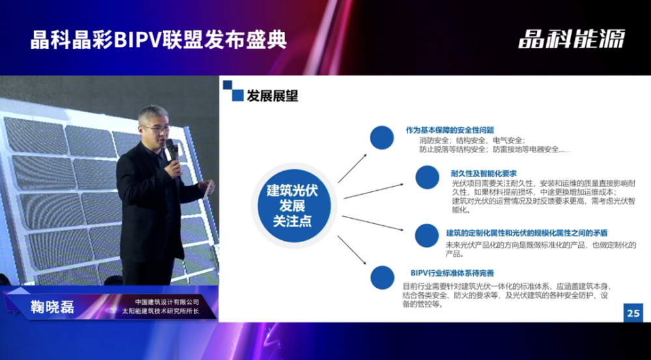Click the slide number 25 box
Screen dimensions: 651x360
[x=633, y=312]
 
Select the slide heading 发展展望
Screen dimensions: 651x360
[x=272, y=96]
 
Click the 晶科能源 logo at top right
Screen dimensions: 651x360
[x=572, y=39]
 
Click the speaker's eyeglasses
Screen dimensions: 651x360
[x=156, y=128]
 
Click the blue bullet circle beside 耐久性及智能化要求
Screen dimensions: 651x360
[x=427, y=177]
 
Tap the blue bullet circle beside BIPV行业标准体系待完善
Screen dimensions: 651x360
[x=382, y=277]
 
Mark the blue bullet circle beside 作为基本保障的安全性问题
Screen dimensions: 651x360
[x=382, y=137]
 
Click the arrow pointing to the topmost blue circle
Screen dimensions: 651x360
[x=352, y=168]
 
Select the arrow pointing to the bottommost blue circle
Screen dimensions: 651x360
[x=352, y=250]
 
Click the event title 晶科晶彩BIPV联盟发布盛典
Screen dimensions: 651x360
[x=159, y=40]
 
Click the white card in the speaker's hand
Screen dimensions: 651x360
[x=208, y=187]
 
